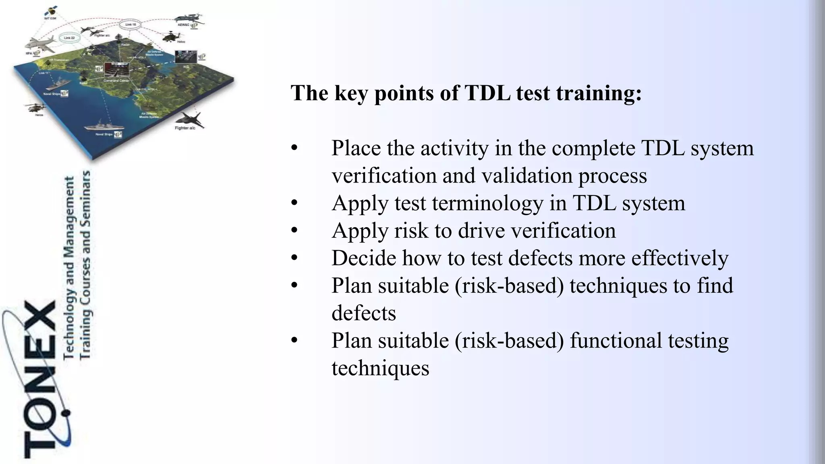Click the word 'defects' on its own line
point(364,313)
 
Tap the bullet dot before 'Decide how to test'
point(294,258)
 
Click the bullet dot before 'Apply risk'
point(294,231)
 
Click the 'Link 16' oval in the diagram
point(131,25)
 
